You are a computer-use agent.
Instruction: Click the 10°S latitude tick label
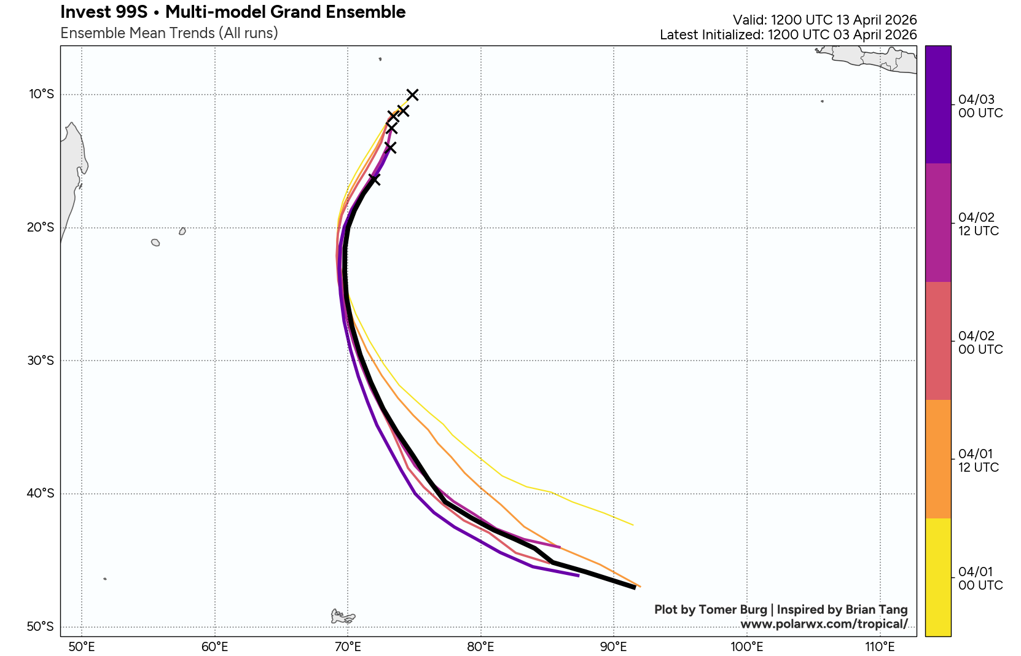coord(41,94)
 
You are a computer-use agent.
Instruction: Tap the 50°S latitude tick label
coord(41,627)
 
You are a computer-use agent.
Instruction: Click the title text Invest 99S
coord(104,12)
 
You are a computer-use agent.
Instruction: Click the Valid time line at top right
coord(824,20)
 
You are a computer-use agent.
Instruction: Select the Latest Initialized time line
coord(788,35)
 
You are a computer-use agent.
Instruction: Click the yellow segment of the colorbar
coord(938,577)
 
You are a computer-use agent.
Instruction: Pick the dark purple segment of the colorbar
coord(938,104)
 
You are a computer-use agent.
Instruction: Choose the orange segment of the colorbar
coord(938,459)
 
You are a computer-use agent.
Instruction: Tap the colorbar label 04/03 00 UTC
coord(980,106)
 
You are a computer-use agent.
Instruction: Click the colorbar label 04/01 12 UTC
coord(978,461)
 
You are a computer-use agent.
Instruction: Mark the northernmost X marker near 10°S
coord(412,94)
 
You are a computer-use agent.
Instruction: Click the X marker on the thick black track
coord(374,179)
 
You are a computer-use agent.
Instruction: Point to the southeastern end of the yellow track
coord(633,525)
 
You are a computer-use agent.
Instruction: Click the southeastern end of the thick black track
coord(635,588)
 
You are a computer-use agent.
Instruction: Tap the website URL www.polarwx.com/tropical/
coord(824,624)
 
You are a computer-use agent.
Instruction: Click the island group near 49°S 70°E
coord(342,616)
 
